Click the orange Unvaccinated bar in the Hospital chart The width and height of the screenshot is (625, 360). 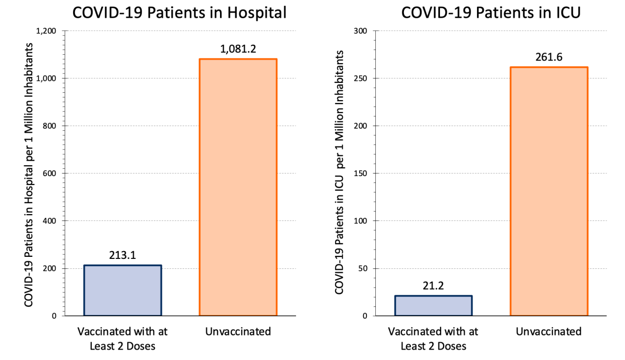238,188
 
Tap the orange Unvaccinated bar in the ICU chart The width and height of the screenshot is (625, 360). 549,191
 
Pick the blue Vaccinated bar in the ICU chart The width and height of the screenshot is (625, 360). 434,306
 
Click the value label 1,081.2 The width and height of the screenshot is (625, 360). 238,50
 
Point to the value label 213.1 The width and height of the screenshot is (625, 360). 123,256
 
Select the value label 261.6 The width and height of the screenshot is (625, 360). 549,58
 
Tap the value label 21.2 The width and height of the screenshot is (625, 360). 434,287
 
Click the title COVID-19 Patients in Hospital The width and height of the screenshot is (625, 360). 179,13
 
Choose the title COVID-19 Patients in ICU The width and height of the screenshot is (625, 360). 491,13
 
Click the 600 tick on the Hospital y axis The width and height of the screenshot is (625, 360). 51,173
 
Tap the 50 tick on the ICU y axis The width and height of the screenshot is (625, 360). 363,268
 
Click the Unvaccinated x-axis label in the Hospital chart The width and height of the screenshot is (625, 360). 238,331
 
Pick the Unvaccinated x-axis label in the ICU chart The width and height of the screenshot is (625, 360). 549,331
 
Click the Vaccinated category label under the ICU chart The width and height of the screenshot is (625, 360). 434,338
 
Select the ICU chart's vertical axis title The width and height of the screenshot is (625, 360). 339,172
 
